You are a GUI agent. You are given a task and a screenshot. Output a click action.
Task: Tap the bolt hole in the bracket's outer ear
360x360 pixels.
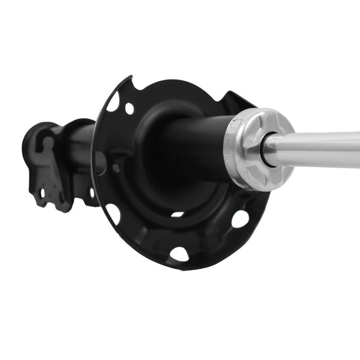[43, 192]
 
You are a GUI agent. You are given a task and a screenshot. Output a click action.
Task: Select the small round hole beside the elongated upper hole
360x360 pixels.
[129, 109]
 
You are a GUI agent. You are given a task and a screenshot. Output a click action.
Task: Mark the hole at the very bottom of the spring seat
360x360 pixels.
[179, 254]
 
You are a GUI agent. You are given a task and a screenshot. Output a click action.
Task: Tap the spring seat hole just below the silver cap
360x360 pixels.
[240, 218]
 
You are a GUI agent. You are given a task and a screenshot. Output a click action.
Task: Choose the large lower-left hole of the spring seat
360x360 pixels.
[113, 214]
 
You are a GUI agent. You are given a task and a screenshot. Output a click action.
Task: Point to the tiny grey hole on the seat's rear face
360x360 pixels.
[116, 168]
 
